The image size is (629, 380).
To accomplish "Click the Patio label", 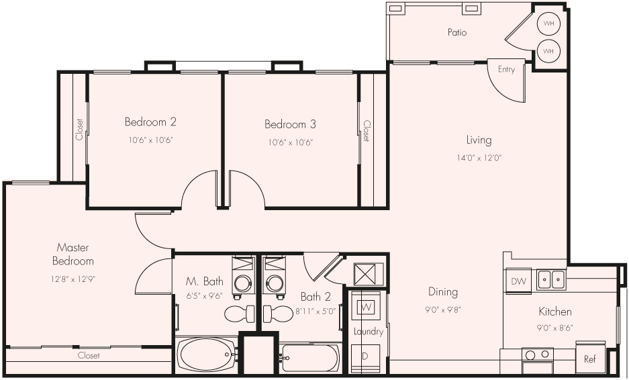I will coord(456,32).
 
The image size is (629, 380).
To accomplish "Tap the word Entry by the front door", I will coord(506,70).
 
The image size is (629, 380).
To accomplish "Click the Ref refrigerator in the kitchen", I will coord(590,359).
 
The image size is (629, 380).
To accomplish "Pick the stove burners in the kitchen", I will coord(537,354).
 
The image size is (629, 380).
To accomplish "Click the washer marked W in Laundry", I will coord(367,307).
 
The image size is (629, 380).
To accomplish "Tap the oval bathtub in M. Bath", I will coord(206,351).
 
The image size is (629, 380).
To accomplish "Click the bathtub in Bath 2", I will coord(310,358).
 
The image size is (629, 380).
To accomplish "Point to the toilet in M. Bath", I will coord(240,314).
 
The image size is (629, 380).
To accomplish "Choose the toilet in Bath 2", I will coord(277,314).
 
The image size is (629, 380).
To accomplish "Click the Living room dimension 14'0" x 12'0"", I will coord(479,158).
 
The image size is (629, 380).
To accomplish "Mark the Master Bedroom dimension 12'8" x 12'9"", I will coord(73,278).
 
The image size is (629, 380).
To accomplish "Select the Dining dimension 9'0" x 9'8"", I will coord(443,310).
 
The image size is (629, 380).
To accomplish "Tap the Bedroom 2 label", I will coord(150,122).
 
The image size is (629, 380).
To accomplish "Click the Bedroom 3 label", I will coord(290,124).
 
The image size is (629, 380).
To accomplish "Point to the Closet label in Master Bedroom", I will coord(89,356).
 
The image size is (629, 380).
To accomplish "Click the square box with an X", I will coord(369,274).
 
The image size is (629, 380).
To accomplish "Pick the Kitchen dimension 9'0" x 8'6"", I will coord(555,328).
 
